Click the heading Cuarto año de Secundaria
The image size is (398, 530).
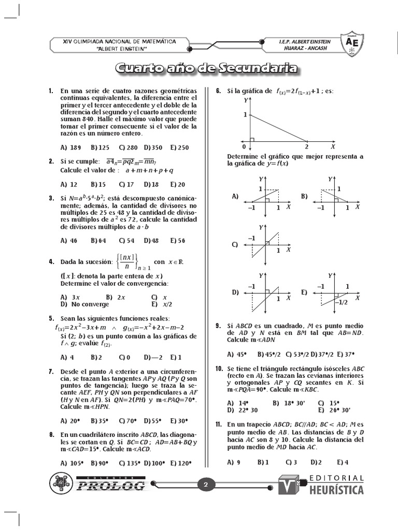(x=206, y=69)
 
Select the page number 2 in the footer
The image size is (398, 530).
(x=206, y=485)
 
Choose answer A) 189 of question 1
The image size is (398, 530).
(x=70, y=148)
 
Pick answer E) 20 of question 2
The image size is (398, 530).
(x=177, y=184)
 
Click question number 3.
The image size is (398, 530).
(x=51, y=198)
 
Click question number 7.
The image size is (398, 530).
(x=51, y=371)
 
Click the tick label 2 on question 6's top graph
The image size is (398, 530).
(x=307, y=147)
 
